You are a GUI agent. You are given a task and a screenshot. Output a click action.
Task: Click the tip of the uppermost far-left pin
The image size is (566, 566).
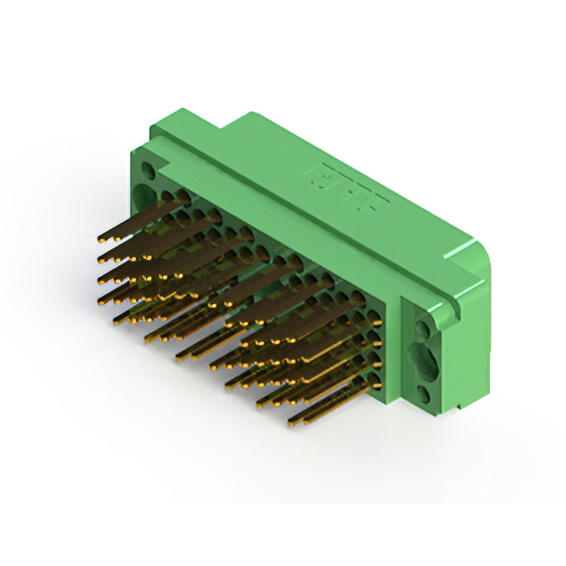pos(100,240)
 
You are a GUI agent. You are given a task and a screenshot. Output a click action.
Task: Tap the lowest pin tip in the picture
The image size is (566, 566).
pos(293,419)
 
